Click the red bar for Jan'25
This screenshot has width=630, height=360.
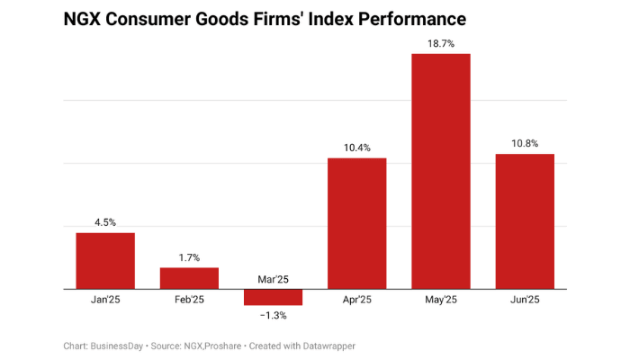[105, 261]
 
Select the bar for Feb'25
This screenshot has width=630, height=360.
[189, 278]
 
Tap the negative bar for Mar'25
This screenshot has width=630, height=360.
[273, 297]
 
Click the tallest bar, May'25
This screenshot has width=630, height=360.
[441, 171]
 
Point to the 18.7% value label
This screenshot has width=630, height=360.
[441, 42]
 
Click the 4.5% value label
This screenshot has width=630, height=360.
[105, 222]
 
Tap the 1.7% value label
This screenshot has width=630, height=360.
[189, 257]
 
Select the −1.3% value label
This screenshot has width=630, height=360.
[273, 316]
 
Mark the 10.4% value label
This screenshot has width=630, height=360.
[356, 148]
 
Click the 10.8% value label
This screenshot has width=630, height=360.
[525, 143]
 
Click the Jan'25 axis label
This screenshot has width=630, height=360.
[105, 301]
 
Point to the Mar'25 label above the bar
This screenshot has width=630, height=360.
[273, 280]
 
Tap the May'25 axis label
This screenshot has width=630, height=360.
[441, 301]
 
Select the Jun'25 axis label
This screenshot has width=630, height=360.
[525, 301]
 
